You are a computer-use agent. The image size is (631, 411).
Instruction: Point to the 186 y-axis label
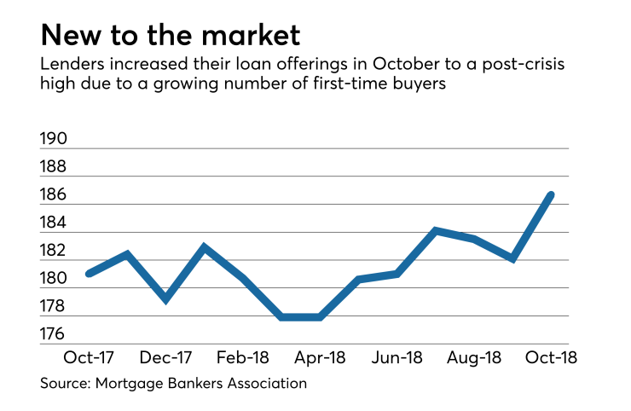tap(55, 195)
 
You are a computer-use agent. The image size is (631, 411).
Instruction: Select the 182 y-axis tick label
tap(55, 251)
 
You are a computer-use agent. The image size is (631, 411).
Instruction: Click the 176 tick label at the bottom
tap(55, 334)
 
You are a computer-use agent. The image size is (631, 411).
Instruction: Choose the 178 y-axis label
tap(55, 307)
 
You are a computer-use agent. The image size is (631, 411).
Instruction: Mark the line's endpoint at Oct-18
tap(551, 195)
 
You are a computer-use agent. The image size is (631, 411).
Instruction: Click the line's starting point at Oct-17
tap(89, 274)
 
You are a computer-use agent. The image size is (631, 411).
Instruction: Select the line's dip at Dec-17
tap(166, 299)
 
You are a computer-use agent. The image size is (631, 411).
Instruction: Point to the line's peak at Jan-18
tap(205, 247)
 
